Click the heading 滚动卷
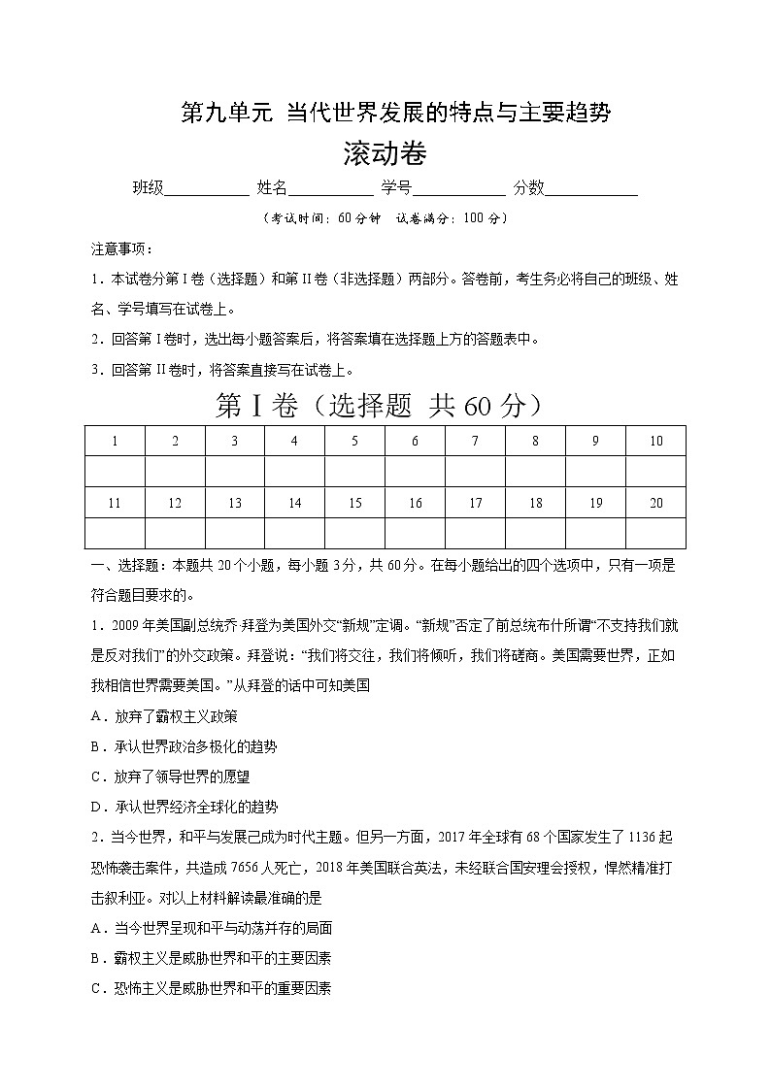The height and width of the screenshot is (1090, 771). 385,153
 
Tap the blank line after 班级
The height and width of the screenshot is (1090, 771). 207,189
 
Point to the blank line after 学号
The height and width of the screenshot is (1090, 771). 458,189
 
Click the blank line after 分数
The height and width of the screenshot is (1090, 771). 590,189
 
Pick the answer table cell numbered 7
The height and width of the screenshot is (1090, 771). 475,441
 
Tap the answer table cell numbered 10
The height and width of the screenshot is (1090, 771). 655,441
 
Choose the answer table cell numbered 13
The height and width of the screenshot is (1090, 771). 235,503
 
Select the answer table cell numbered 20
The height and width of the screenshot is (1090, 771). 655,503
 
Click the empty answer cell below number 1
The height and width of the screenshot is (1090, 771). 115,472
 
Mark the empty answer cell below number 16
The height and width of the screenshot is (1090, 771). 415,533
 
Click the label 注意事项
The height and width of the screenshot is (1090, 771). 116,249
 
